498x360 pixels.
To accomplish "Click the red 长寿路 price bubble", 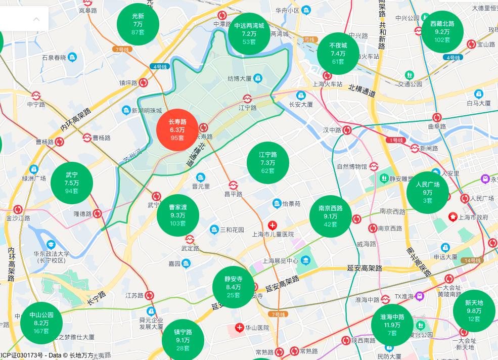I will pos(177,130).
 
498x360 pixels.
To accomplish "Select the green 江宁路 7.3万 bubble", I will pos(268,162).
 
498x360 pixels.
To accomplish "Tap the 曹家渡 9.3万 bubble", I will pos(178,215).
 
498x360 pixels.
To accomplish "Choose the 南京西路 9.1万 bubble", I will pos(331,216).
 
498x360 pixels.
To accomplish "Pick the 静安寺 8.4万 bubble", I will pos(234,287).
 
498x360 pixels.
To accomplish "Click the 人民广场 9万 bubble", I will pos(427,192).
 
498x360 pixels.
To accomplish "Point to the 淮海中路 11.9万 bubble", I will pos(392,325).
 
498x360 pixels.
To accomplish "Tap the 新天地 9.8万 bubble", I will pos(474,310).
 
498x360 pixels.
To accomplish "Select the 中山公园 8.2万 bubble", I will pos(41,323).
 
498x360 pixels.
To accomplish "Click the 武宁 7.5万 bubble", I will pos(72,183).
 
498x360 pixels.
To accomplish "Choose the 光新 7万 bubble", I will pos(138,24).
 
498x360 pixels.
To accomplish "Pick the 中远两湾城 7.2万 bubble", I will pos(249,33).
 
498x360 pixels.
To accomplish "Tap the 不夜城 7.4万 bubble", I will pos(338,53).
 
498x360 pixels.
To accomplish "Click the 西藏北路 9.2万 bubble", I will pos(442,31).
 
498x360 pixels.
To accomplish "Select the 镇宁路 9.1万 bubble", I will pos(183,339).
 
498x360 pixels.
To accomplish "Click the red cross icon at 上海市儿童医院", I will pos(273,225).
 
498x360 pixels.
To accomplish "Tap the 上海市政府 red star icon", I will pos(452,217).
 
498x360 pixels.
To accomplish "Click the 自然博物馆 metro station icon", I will pos(374,166).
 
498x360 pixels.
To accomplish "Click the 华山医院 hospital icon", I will pos(240,328).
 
